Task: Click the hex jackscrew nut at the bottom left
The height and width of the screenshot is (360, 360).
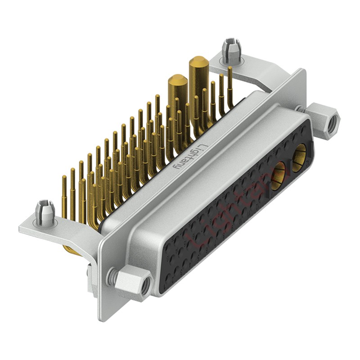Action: (134, 281)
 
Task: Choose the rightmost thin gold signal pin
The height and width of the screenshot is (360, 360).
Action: (230, 85)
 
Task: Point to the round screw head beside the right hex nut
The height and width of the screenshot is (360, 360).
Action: (299, 108)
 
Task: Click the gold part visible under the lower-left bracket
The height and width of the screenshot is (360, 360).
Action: (72, 249)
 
